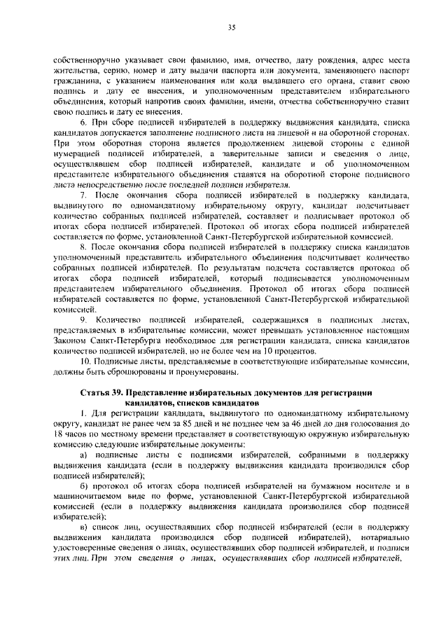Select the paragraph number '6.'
85,123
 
